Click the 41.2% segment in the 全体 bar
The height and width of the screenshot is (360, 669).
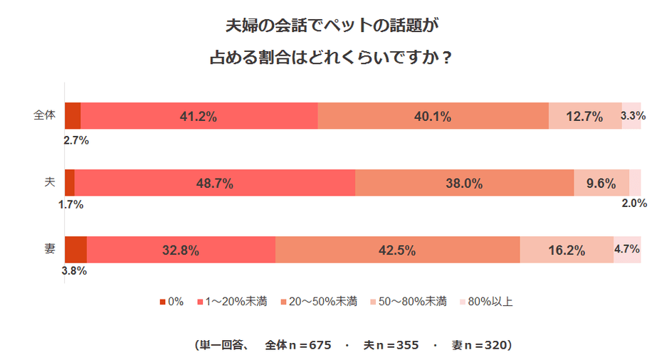199,116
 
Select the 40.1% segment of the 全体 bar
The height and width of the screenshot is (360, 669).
433,116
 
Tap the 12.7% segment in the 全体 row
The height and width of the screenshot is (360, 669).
585,116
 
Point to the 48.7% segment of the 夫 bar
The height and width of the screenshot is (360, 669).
215,183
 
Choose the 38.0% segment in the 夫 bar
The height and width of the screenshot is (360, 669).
464,183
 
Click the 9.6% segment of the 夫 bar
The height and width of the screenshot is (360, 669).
601,183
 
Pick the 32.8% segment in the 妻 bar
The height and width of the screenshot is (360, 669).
181,250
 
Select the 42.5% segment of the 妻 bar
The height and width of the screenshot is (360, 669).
397,250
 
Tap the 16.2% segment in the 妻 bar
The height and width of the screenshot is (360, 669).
567,250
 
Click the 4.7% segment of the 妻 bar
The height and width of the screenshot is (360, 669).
627,250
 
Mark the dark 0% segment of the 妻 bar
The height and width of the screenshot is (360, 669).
75,250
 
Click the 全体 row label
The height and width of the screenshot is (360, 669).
44,115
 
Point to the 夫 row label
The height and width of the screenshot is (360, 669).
50,182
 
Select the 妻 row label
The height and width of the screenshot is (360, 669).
50,249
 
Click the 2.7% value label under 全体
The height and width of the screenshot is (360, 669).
75,140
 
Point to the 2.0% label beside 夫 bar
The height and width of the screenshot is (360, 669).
633,203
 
